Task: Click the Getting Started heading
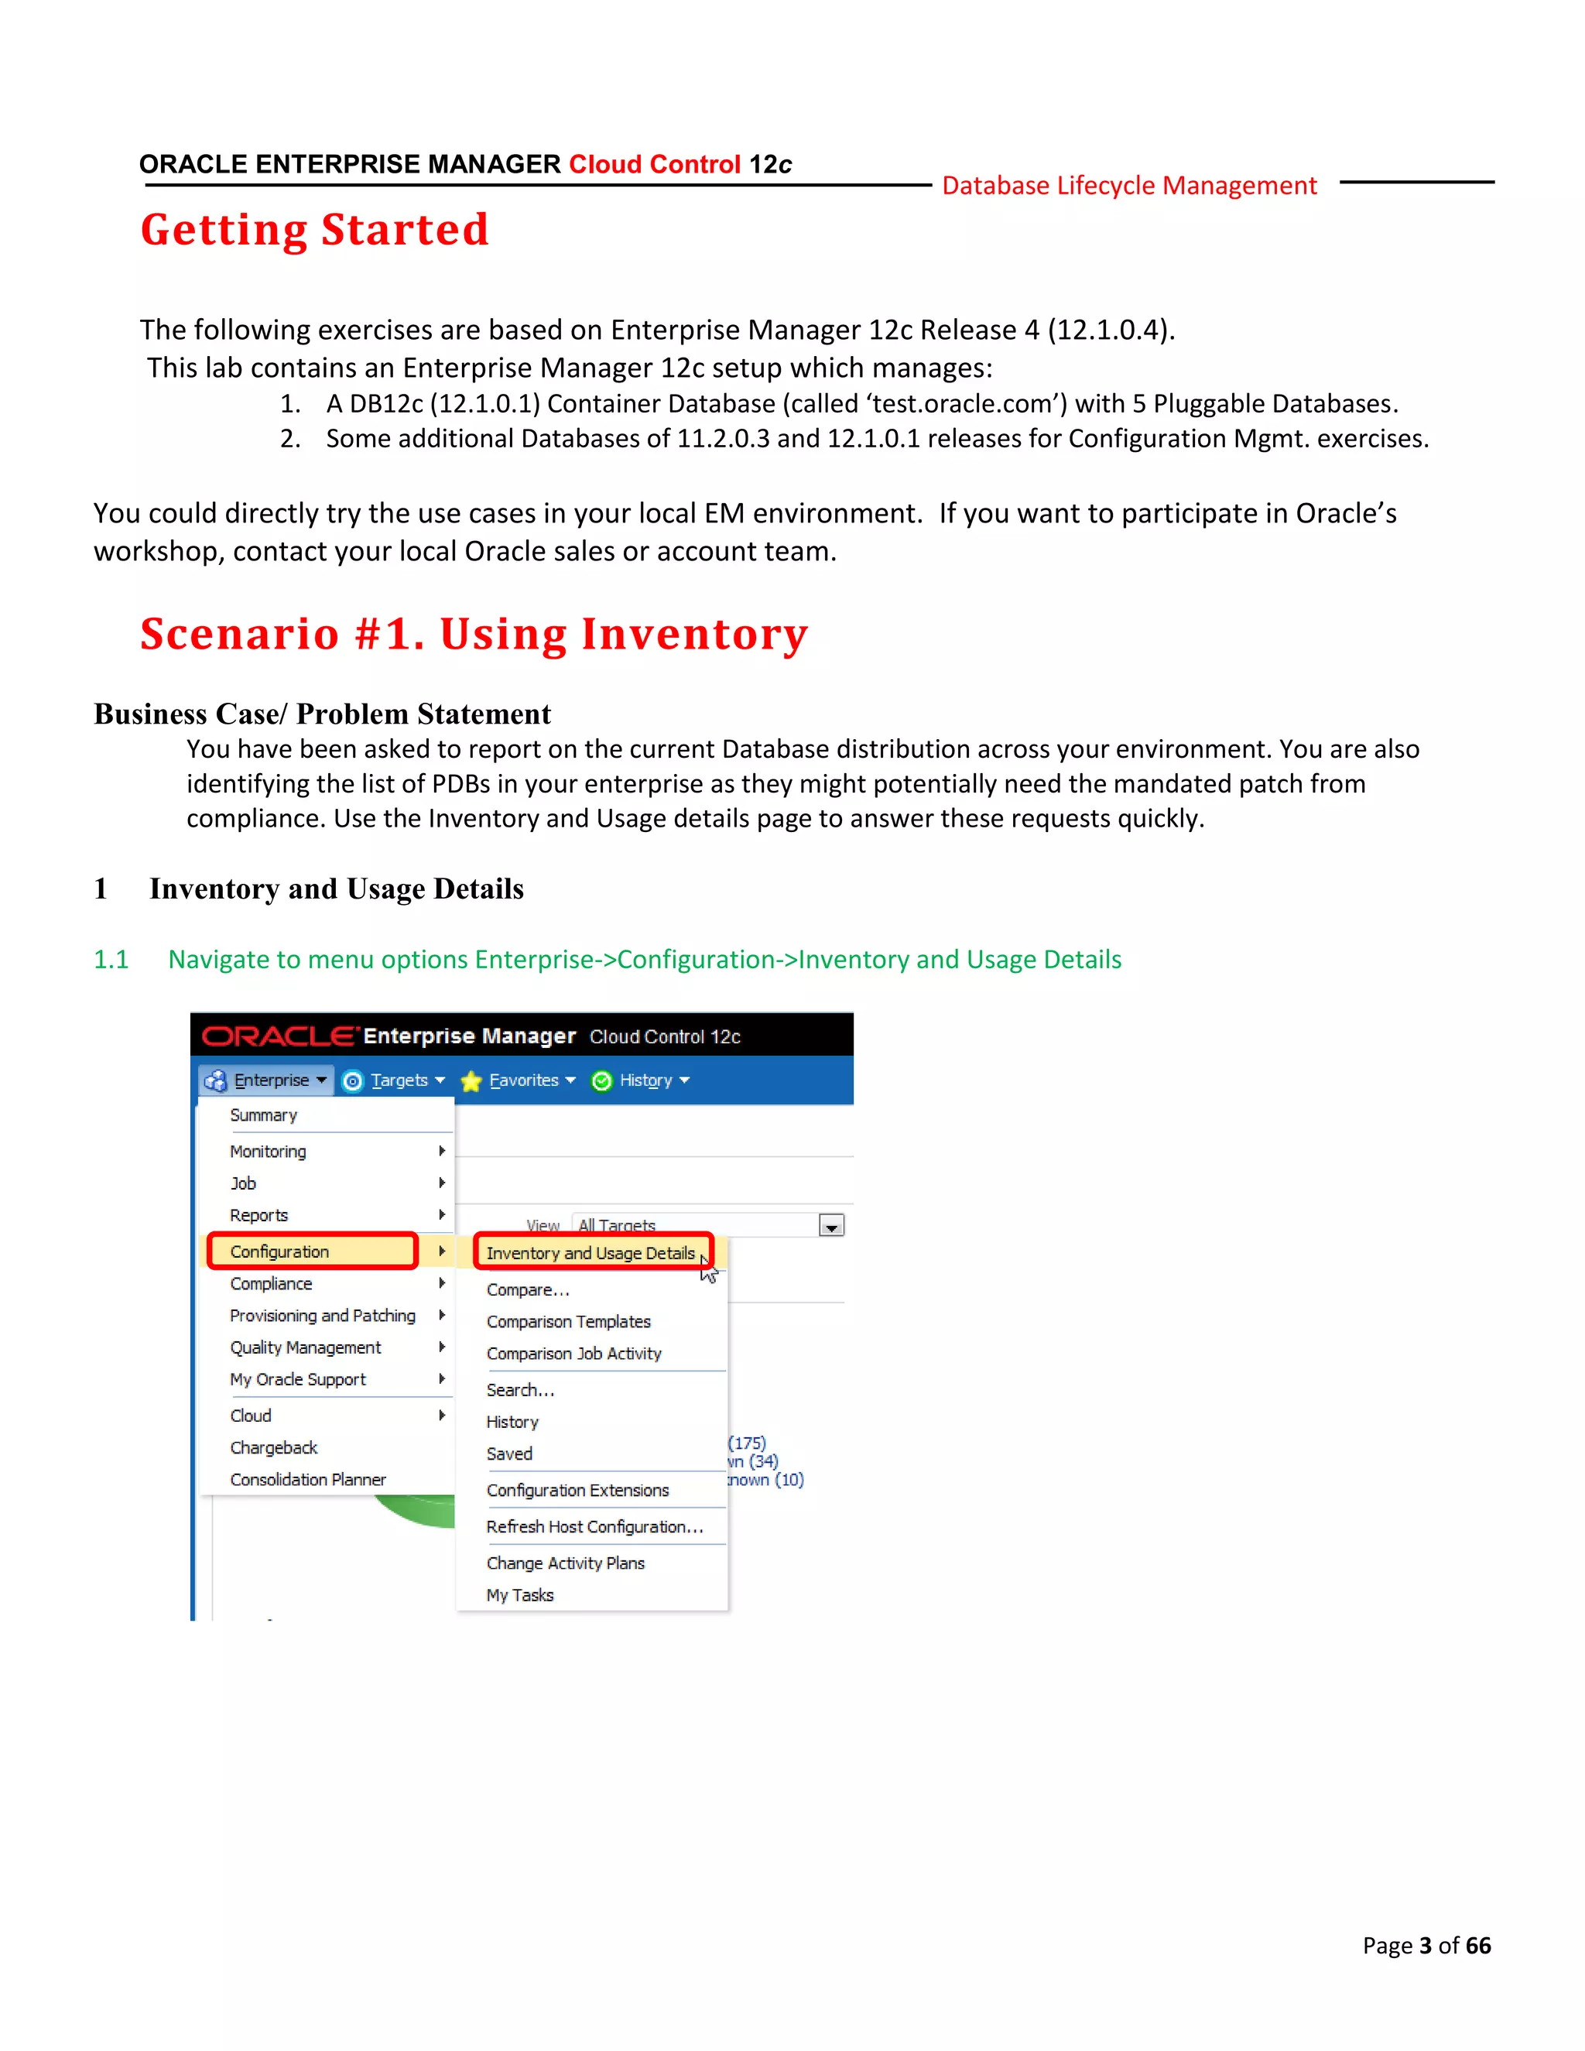point(314,230)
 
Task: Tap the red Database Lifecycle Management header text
point(1128,186)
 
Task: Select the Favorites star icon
point(471,1082)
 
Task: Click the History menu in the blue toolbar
point(646,1081)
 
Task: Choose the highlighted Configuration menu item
point(280,1251)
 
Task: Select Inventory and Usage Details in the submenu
point(590,1254)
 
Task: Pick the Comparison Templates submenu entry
point(568,1322)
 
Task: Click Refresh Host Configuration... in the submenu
point(594,1527)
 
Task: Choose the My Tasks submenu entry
point(519,1596)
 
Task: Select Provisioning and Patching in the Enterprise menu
point(322,1316)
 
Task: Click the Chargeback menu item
point(273,1448)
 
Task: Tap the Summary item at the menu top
point(263,1115)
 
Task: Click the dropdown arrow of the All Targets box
point(831,1227)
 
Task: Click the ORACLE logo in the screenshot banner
point(278,1037)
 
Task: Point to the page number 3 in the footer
point(1426,1945)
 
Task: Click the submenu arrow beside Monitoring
point(441,1152)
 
